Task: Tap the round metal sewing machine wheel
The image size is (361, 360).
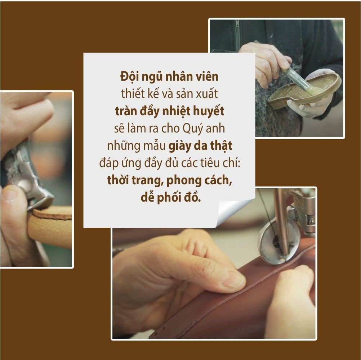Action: pos(278,245)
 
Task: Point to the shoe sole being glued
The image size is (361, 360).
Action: pos(304,91)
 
